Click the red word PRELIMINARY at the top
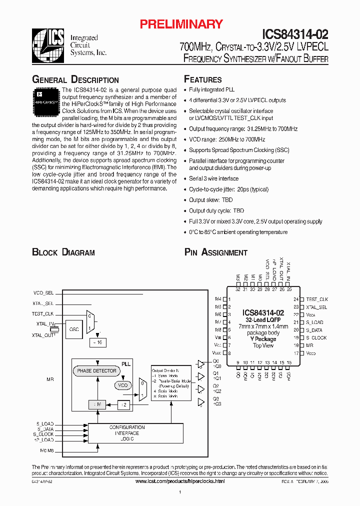pyautogui.click(x=181, y=24)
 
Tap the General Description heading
pyautogui.click(x=75, y=80)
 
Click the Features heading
pyautogui.click(x=203, y=79)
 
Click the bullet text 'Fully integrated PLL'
pyautogui.click(x=211, y=89)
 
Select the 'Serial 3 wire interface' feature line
pyautogui.click(x=213, y=178)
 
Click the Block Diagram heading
pyautogui.click(x=63, y=252)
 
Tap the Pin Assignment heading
pyautogui.click(x=216, y=252)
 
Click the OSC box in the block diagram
pyautogui.click(x=74, y=329)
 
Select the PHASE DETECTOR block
pyautogui.click(x=96, y=371)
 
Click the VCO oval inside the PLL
pyautogui.click(x=122, y=385)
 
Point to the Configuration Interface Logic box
pyautogui.click(x=127, y=433)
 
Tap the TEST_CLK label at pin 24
pyautogui.click(x=317, y=299)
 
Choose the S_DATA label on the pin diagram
pyautogui.click(x=314, y=330)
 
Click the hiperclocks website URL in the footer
pyautogui.click(x=180, y=481)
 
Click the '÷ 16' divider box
pyautogui.click(x=96, y=342)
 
